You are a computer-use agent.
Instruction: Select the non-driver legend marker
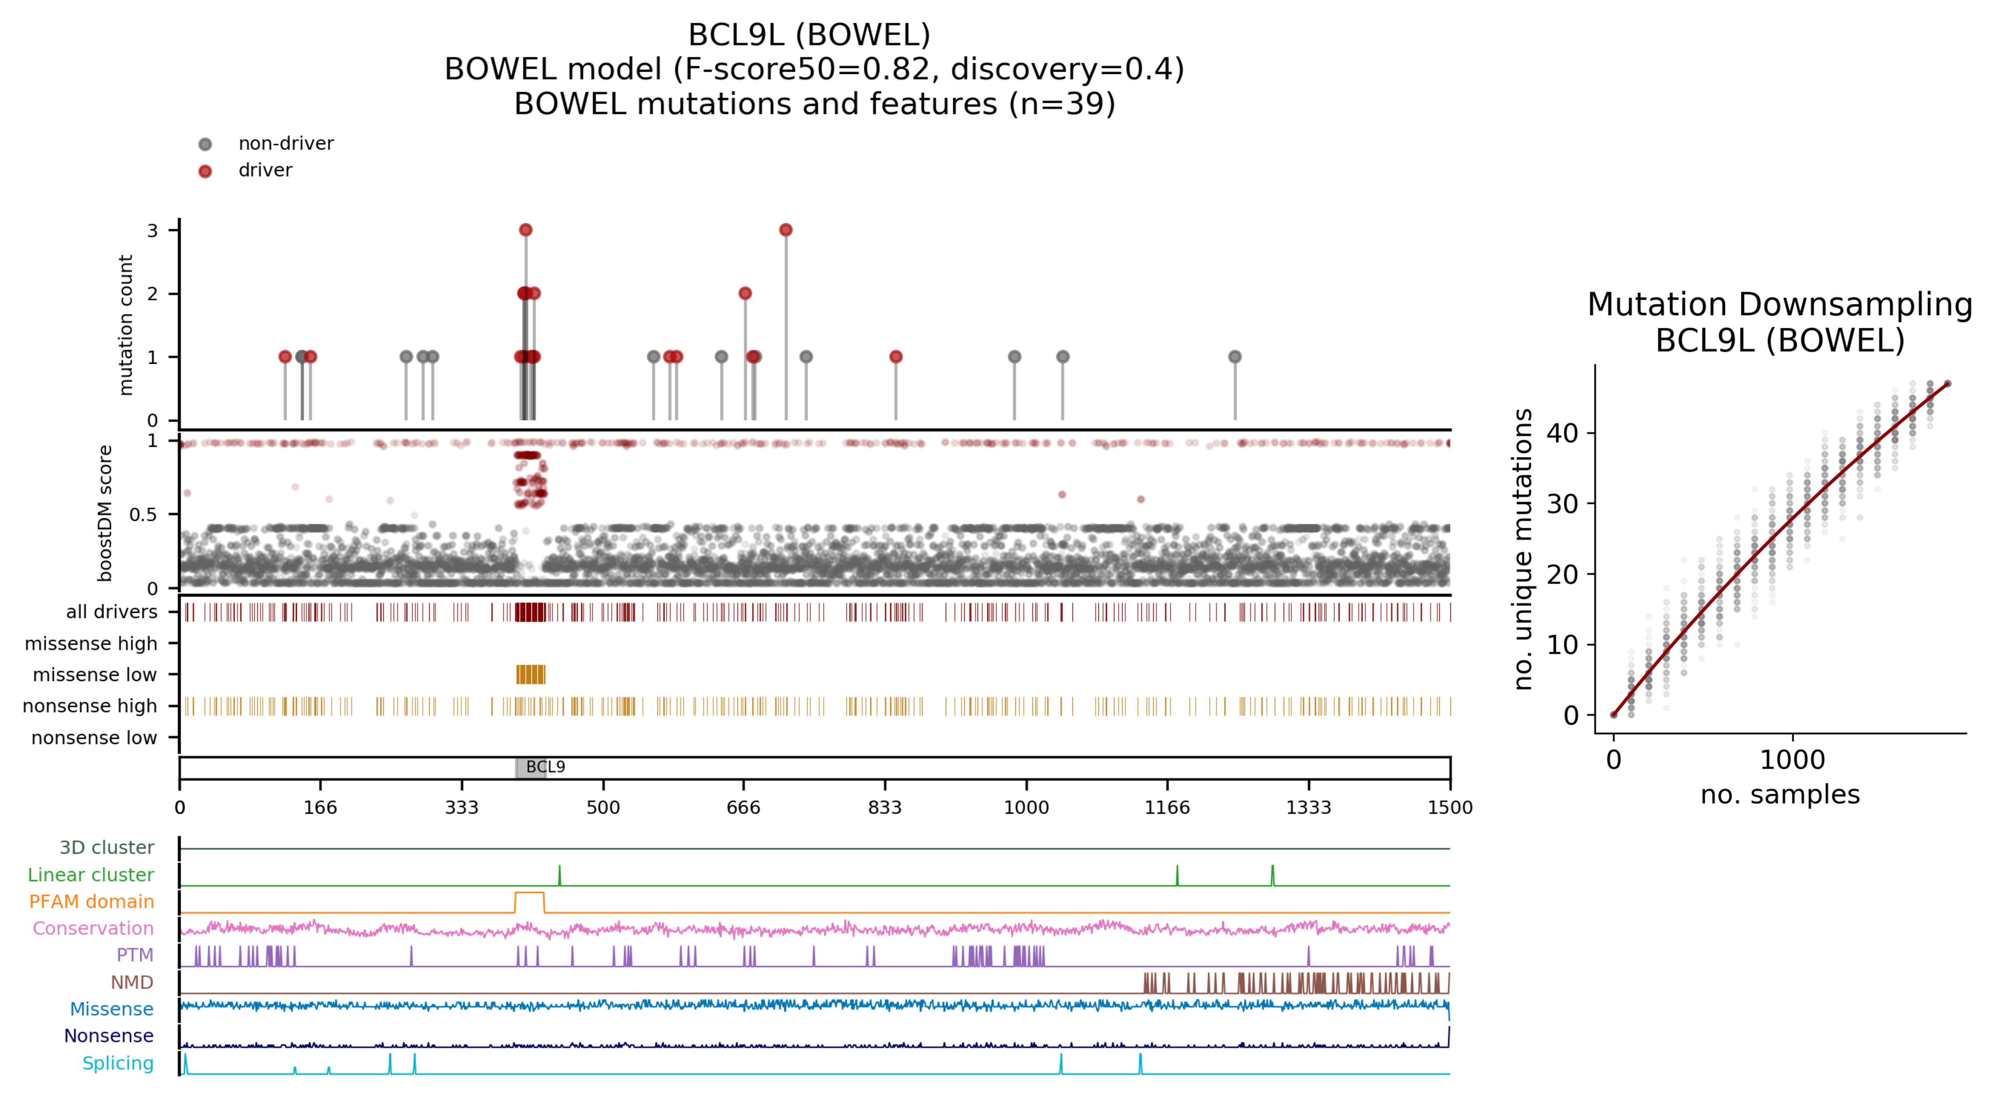(x=205, y=144)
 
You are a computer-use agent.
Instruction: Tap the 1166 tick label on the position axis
(x=1166, y=808)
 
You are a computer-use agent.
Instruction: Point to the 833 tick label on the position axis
(x=884, y=808)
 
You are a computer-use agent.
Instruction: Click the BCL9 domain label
(x=545, y=767)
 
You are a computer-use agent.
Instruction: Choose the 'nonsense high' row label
(x=90, y=706)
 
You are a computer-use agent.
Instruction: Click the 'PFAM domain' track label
(x=91, y=901)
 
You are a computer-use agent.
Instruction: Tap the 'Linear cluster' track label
(x=91, y=875)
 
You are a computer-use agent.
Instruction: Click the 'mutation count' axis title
(x=125, y=325)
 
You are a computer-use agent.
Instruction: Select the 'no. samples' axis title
(x=1780, y=795)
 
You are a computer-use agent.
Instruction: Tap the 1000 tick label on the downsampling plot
(x=1792, y=760)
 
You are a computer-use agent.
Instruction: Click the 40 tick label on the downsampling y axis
(x=1562, y=433)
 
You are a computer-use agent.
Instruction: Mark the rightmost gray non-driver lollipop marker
(x=1235, y=357)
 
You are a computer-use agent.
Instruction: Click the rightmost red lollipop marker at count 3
(x=786, y=230)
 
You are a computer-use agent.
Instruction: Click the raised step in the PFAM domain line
(x=529, y=894)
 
